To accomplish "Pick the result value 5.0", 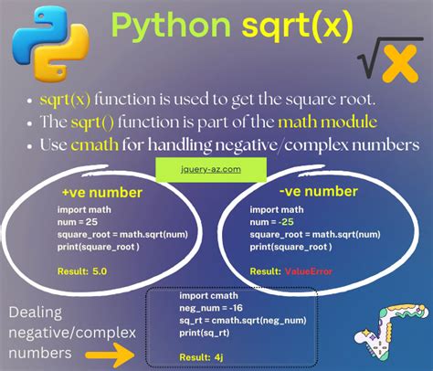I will (x=96, y=271).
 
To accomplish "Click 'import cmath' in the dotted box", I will (x=206, y=298).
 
